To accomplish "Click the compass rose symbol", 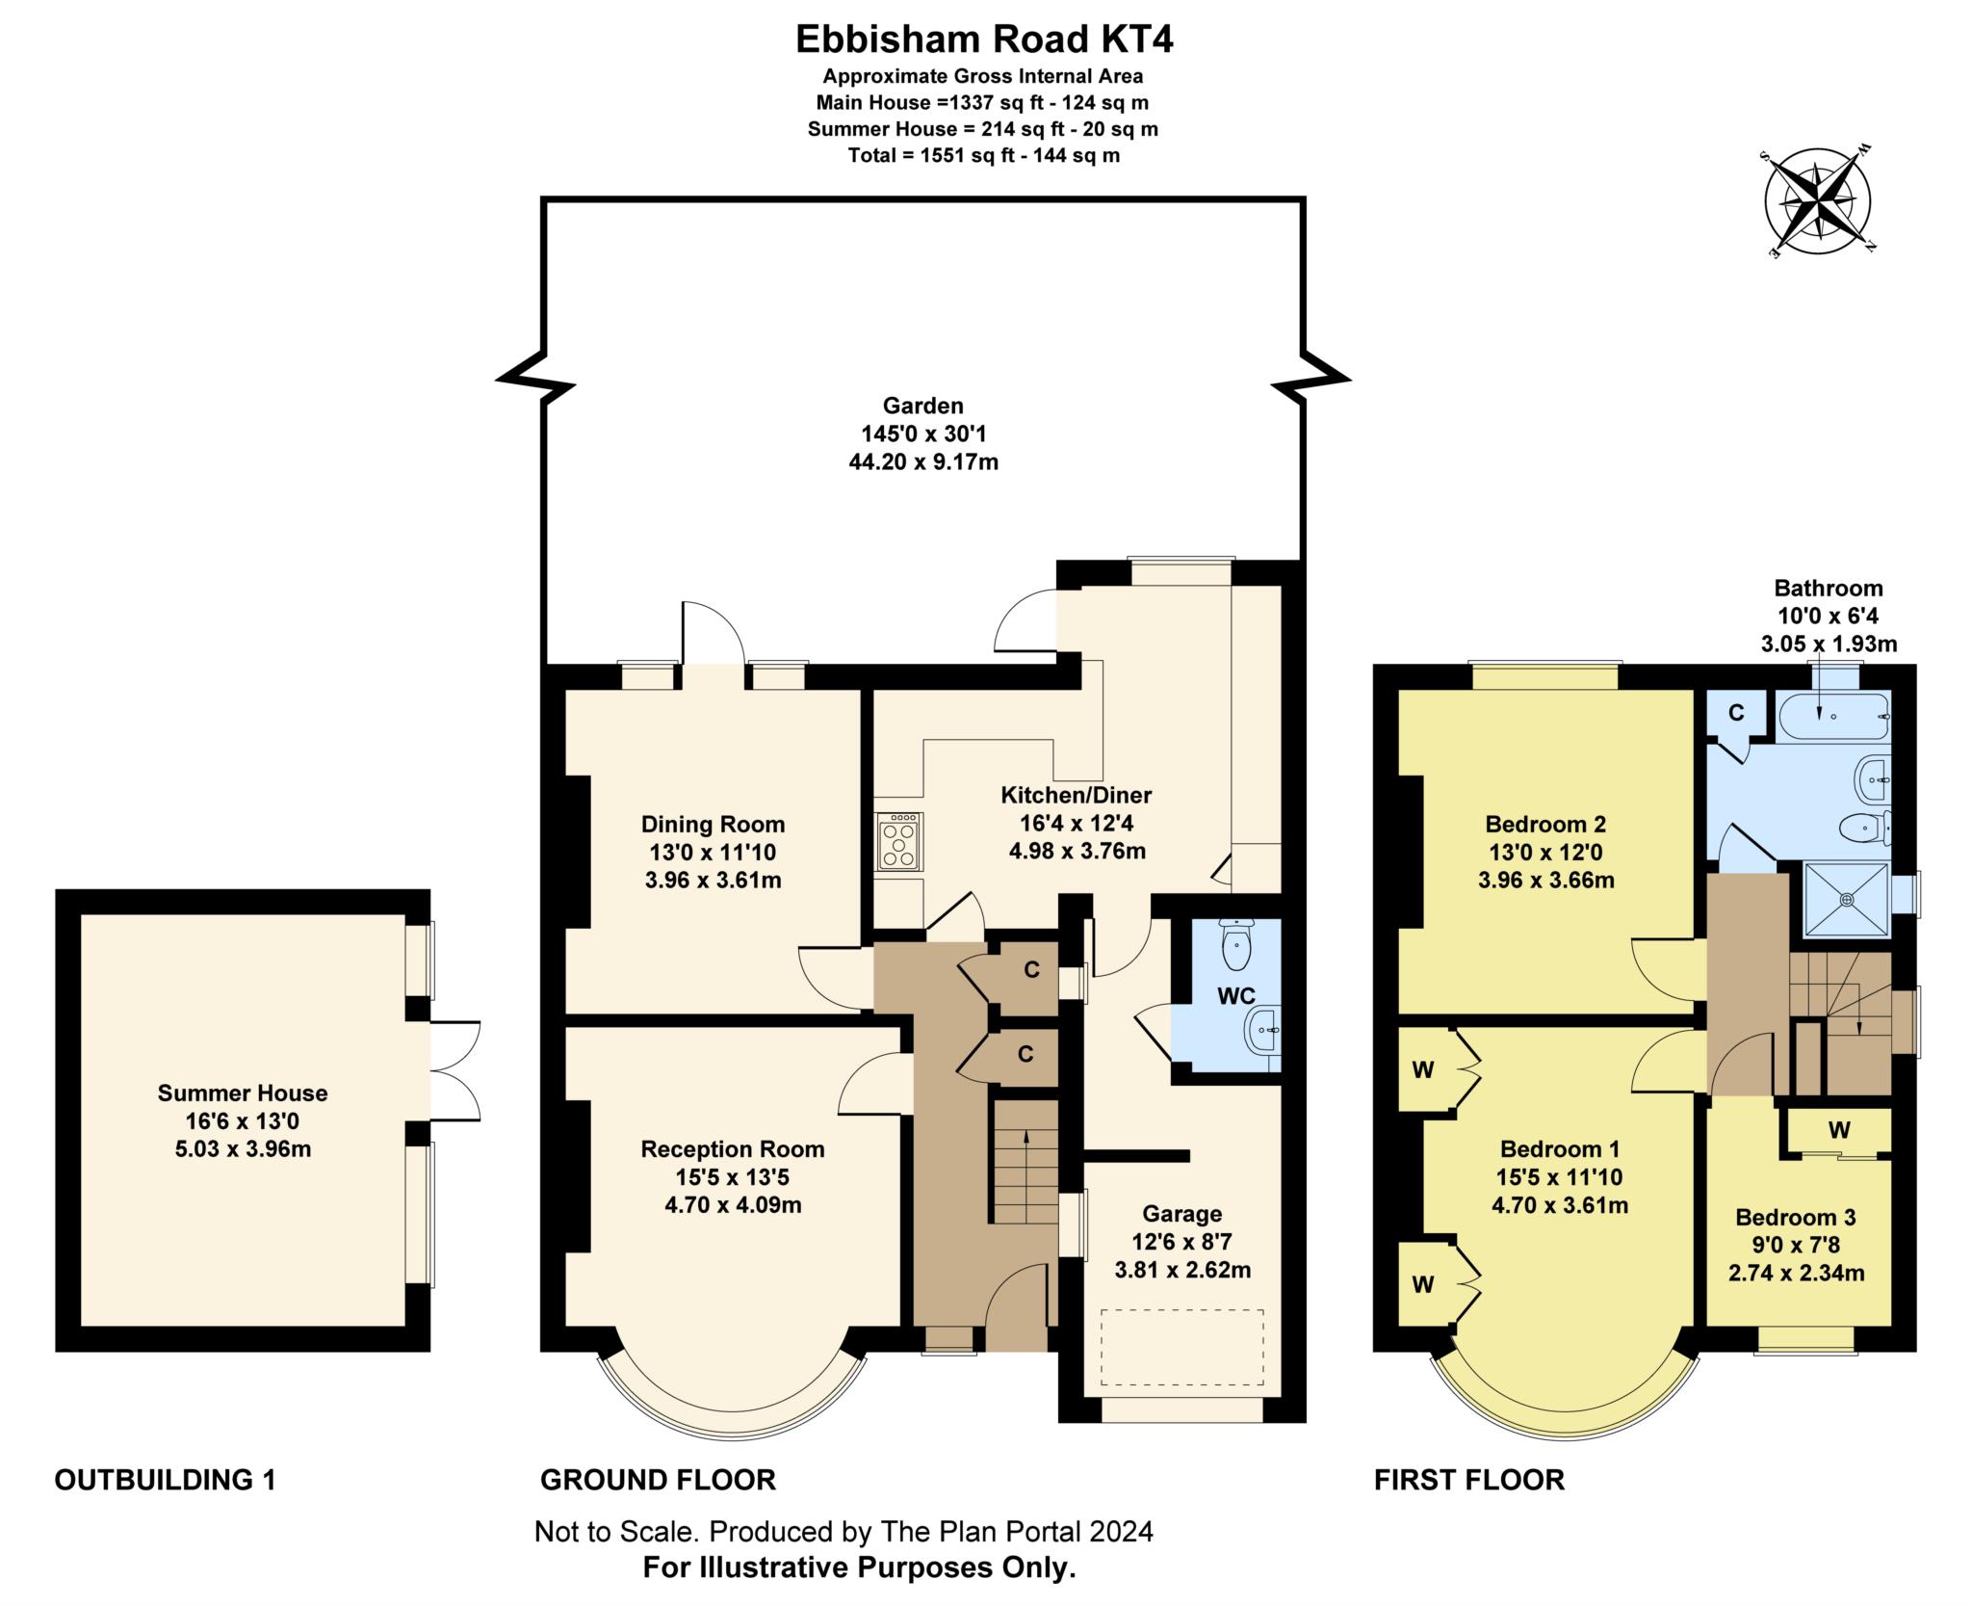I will click(1817, 203).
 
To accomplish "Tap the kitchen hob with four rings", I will click(899, 842).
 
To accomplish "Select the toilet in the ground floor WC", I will click(1235, 945).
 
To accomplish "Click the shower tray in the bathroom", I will click(1846, 899).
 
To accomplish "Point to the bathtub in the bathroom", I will click(1833, 717).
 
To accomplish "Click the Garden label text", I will click(923, 406).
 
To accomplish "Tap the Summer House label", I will click(243, 1093).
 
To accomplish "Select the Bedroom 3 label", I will click(1796, 1217).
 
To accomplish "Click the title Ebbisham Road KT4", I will click(984, 40).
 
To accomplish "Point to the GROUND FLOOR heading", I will click(658, 1480).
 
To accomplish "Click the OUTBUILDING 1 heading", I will click(165, 1480).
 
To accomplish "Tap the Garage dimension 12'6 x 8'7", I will click(1182, 1242).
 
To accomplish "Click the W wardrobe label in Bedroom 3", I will click(1838, 1130).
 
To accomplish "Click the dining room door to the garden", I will click(713, 636).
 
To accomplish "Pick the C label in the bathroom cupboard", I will click(1736, 713).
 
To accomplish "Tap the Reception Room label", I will click(733, 1148).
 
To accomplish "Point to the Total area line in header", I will click(983, 155).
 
